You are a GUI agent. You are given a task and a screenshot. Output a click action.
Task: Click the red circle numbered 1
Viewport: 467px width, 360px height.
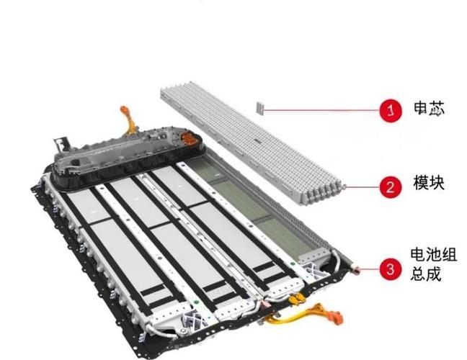click(x=391, y=110)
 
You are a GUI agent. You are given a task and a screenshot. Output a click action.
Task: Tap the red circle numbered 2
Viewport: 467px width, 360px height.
click(x=391, y=187)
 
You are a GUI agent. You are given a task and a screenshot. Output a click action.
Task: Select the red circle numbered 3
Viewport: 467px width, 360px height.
click(x=391, y=269)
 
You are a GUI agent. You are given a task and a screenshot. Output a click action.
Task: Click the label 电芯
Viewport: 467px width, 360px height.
click(x=430, y=109)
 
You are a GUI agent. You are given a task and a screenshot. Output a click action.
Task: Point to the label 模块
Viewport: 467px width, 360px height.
click(x=429, y=182)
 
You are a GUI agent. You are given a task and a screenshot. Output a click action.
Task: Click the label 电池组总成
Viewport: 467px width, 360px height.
click(x=433, y=264)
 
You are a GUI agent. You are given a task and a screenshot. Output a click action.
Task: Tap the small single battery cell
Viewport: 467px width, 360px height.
click(x=260, y=108)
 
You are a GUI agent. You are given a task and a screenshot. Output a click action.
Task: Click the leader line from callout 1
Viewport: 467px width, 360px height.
click(x=321, y=110)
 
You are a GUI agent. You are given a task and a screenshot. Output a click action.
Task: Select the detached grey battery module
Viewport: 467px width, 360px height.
click(x=251, y=143)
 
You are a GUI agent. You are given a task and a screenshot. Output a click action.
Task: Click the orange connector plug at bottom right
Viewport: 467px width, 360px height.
click(x=335, y=317)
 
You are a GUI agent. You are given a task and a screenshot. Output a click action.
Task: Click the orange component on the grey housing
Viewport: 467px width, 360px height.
click(x=189, y=138)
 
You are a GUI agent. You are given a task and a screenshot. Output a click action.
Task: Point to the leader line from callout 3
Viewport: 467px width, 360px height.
click(x=370, y=269)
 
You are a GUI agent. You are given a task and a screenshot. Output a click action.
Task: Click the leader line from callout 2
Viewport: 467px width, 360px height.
click(x=363, y=187)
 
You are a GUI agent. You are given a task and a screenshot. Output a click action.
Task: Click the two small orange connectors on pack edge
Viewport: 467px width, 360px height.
click(x=295, y=298)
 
